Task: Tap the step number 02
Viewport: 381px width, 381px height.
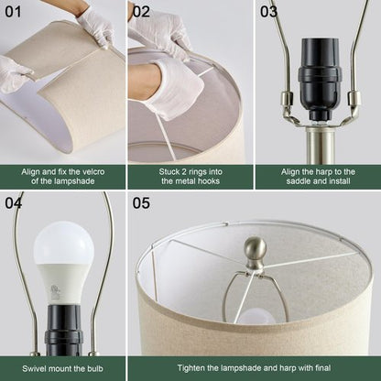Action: click(141, 11)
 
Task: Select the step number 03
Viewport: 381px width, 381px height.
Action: click(268, 11)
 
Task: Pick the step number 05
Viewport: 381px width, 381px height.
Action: click(141, 201)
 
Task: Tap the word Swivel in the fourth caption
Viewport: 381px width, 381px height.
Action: click(30, 366)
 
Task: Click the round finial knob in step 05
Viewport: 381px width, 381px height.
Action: click(256, 249)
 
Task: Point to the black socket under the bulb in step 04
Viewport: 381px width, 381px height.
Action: click(62, 330)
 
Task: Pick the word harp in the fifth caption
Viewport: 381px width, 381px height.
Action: click(296, 366)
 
